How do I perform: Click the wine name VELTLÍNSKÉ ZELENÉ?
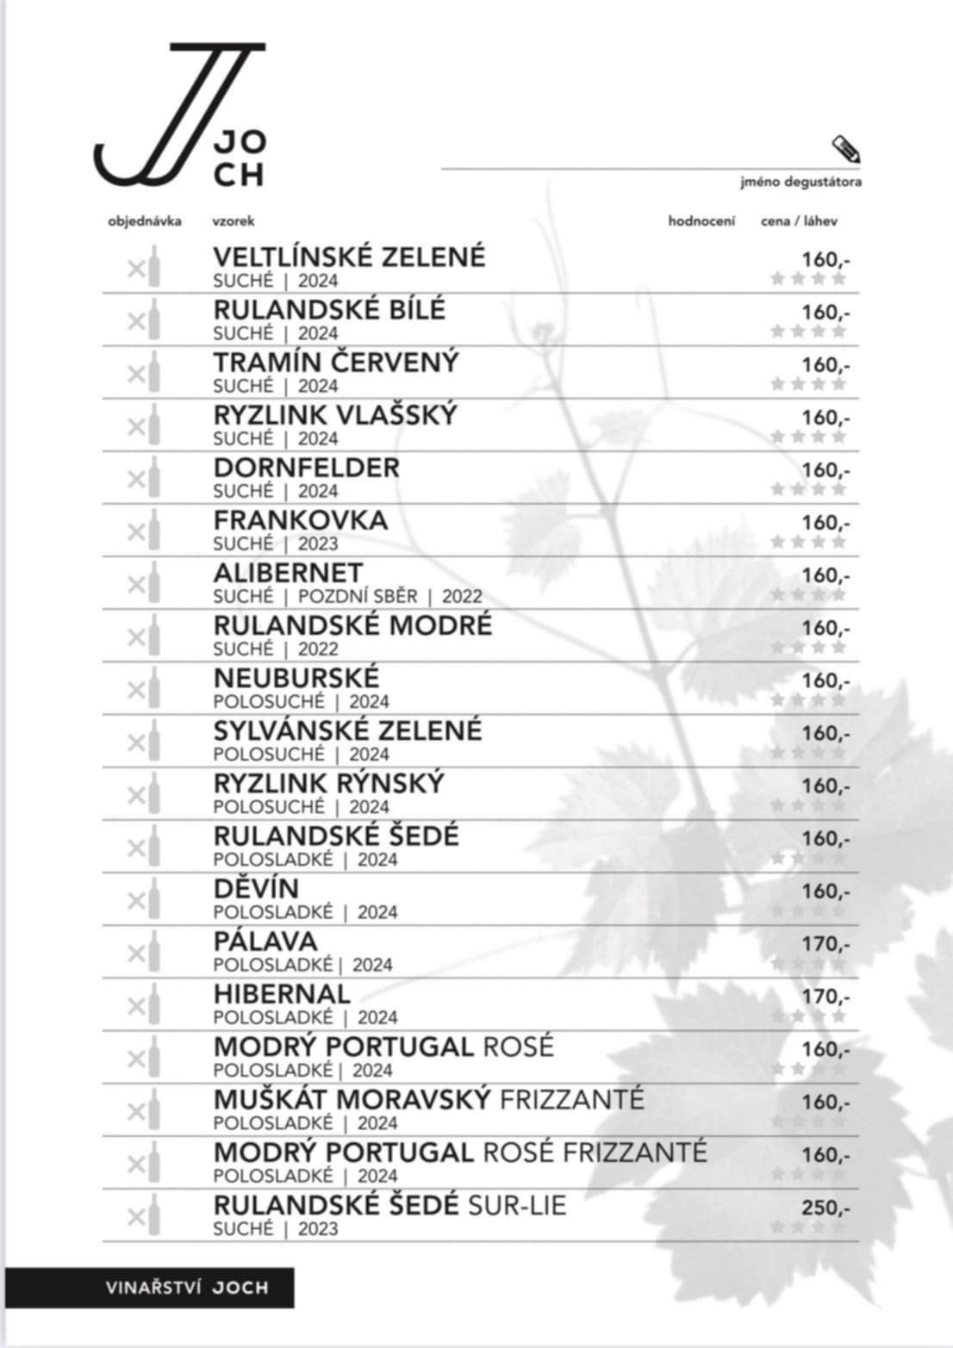[x=349, y=257]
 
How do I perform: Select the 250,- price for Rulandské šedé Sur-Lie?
[x=825, y=1208]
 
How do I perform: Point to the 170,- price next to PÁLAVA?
[x=825, y=944]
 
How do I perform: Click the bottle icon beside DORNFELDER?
[x=153, y=477]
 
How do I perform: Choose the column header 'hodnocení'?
[x=701, y=221]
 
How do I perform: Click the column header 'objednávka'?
[x=145, y=221]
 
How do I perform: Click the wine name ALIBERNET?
[x=288, y=573]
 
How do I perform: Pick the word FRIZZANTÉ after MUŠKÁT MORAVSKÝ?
[x=571, y=1099]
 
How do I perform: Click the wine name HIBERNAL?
[x=282, y=994]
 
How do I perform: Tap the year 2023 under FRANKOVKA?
[x=318, y=544]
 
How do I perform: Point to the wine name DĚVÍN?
[x=256, y=888]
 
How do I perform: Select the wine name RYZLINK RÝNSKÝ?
[x=328, y=783]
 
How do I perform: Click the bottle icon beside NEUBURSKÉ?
[x=153, y=688]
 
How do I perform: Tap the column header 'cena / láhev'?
[x=799, y=221]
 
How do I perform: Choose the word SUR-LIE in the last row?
[x=517, y=1205]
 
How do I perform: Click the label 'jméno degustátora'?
[x=800, y=182]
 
